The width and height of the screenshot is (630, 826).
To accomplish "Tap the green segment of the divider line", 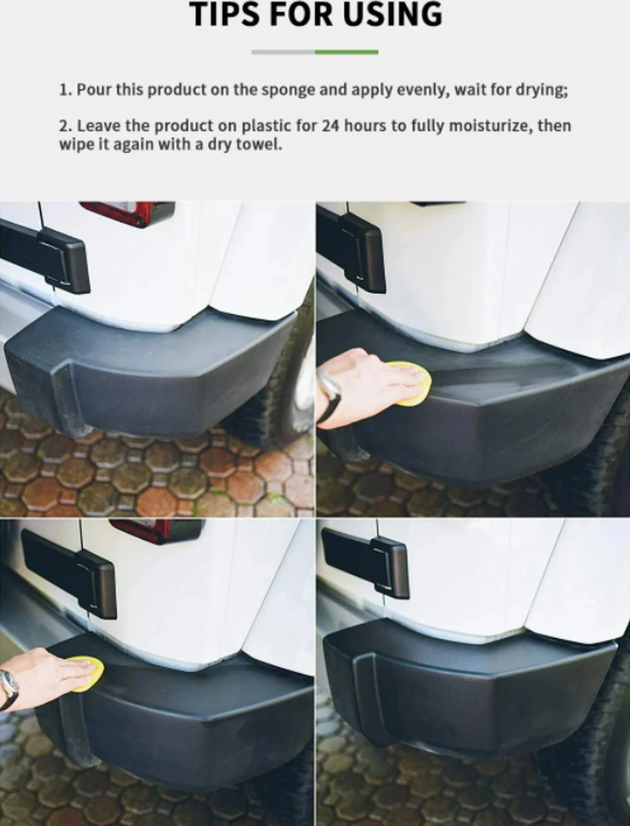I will pyautogui.click(x=346, y=52).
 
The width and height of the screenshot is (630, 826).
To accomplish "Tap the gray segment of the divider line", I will pyautogui.click(x=283, y=52).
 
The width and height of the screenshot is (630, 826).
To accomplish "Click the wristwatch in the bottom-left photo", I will pyautogui.click(x=8, y=688).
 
